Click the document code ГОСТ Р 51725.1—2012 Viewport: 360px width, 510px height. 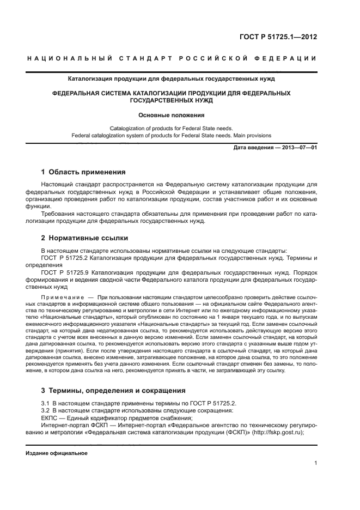[x=278, y=38]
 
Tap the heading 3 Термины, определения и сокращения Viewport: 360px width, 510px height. [x=113, y=390]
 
